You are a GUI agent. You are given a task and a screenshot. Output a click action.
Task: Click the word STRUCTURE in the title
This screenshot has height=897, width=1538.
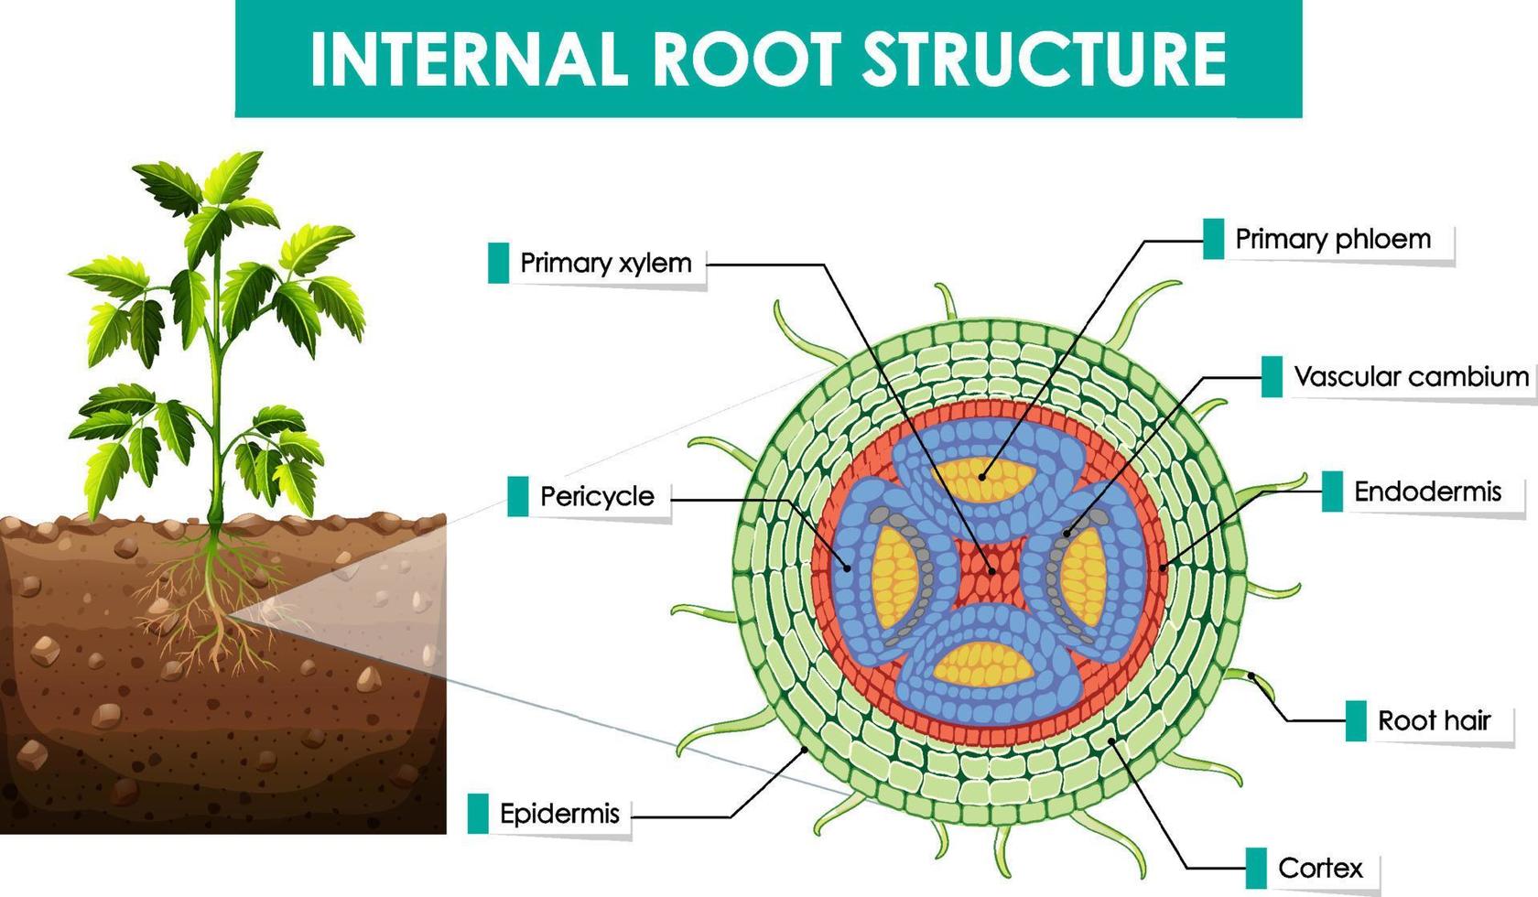tap(1045, 58)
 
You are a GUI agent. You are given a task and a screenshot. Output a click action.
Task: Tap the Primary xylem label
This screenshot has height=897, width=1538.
tap(605, 264)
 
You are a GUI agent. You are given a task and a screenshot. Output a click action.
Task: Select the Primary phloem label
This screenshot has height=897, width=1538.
tap(1333, 240)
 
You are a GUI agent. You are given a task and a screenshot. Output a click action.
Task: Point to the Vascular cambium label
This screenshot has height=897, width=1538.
tap(1411, 377)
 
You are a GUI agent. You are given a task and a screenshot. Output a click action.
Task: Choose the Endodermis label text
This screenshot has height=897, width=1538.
tap(1427, 492)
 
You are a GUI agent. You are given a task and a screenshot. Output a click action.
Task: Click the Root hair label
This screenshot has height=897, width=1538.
tap(1434, 721)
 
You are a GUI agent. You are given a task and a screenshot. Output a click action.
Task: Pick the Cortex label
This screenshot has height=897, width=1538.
tap(1320, 868)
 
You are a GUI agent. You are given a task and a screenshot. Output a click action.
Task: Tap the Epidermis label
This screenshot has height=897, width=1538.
tap(559, 814)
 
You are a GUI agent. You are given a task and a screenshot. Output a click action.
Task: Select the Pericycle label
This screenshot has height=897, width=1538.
tap(597, 497)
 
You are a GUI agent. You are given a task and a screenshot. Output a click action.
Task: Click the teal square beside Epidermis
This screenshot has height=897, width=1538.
tap(478, 814)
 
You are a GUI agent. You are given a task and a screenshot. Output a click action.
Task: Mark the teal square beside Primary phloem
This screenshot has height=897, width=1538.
tap(1213, 240)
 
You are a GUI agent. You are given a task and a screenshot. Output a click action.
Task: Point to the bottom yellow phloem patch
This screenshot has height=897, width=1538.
tap(983, 665)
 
